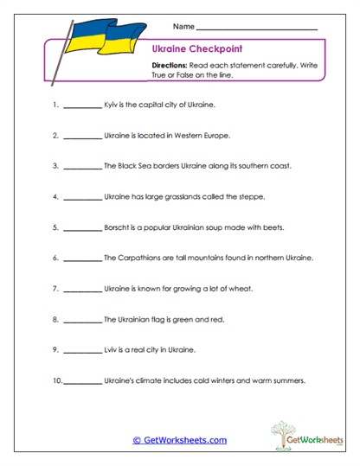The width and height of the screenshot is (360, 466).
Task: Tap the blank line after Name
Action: pyautogui.click(x=257, y=28)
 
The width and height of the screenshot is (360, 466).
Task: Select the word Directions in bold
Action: pyautogui.click(x=169, y=66)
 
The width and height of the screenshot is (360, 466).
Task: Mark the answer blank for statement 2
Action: pyautogui.click(x=82, y=136)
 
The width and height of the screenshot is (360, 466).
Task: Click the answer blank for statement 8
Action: pyautogui.click(x=82, y=320)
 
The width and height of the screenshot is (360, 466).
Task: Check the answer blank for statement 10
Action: pyautogui.click(x=82, y=381)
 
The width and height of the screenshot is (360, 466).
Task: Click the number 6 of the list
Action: pyautogui.click(x=55, y=258)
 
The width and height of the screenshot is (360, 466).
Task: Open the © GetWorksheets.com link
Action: pyautogui.click(x=179, y=440)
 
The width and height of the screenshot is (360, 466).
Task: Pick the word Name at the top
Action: pyautogui.click(x=183, y=26)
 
